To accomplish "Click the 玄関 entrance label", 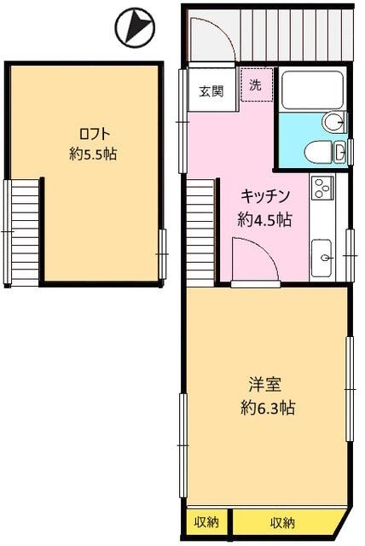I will click(211, 91).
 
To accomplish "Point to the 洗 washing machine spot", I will click(255, 85).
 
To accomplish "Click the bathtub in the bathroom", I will click(311, 90).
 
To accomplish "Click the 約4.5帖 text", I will click(265, 218).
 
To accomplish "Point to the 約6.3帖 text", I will click(267, 408).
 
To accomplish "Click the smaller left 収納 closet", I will click(206, 521).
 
